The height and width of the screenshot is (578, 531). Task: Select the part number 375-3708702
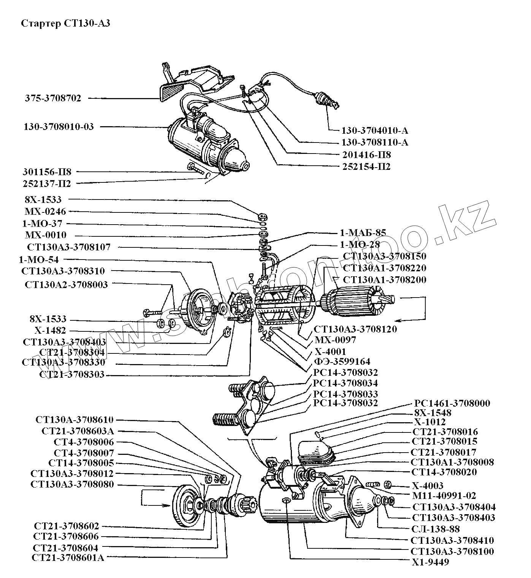(x=53, y=98)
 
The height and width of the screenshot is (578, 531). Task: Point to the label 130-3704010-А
(x=374, y=131)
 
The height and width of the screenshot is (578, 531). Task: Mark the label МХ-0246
(x=45, y=211)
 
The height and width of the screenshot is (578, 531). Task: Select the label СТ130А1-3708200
(x=384, y=280)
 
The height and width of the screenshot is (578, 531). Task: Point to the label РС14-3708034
(x=346, y=383)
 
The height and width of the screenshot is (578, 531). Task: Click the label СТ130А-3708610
(x=74, y=420)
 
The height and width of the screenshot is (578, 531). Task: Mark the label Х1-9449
(x=430, y=562)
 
